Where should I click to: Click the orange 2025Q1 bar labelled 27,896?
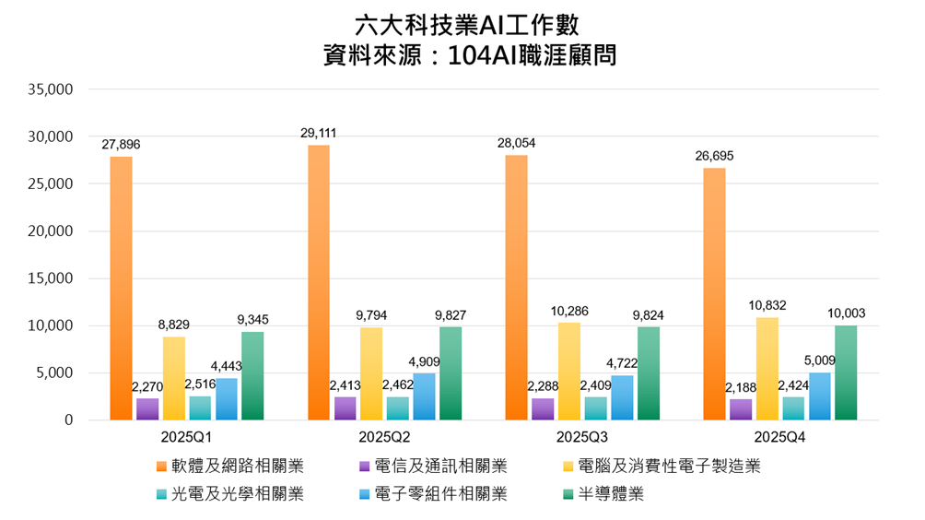tap(121, 288)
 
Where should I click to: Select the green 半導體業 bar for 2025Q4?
tap(846, 372)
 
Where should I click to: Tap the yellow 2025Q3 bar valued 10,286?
tap(568, 371)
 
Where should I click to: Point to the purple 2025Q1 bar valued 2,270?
tap(147, 408)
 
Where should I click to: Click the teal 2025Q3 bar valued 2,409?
tap(595, 408)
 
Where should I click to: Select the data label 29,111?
tap(318, 134)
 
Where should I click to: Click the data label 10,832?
tap(767, 305)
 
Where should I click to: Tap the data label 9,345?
tap(252, 320)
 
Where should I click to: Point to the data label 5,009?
tap(819, 360)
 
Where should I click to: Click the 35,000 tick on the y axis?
tap(51, 89)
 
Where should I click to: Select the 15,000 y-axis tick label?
tap(51, 278)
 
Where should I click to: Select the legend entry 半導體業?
tap(609, 494)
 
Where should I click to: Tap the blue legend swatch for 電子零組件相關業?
tap(368, 494)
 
